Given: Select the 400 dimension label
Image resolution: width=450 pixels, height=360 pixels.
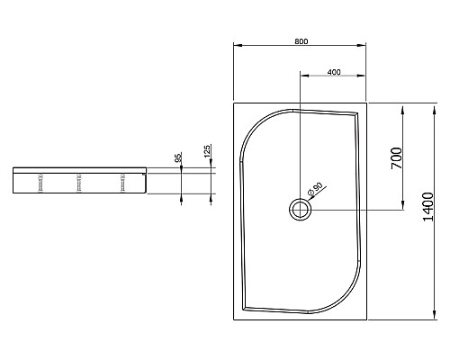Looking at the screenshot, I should point(333,72).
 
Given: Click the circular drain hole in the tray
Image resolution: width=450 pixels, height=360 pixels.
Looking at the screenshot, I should point(299,211).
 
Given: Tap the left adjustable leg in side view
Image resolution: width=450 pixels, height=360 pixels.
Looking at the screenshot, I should point(40,183).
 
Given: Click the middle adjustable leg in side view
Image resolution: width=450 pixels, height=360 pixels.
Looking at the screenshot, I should point(80,183).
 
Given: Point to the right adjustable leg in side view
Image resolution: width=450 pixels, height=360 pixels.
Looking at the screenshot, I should point(121,183).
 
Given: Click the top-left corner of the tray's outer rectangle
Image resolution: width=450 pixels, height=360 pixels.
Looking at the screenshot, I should point(233,103).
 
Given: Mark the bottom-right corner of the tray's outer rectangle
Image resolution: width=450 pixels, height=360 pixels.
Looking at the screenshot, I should point(368,320).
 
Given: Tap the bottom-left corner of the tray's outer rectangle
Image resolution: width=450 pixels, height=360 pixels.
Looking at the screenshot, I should point(233,320).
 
